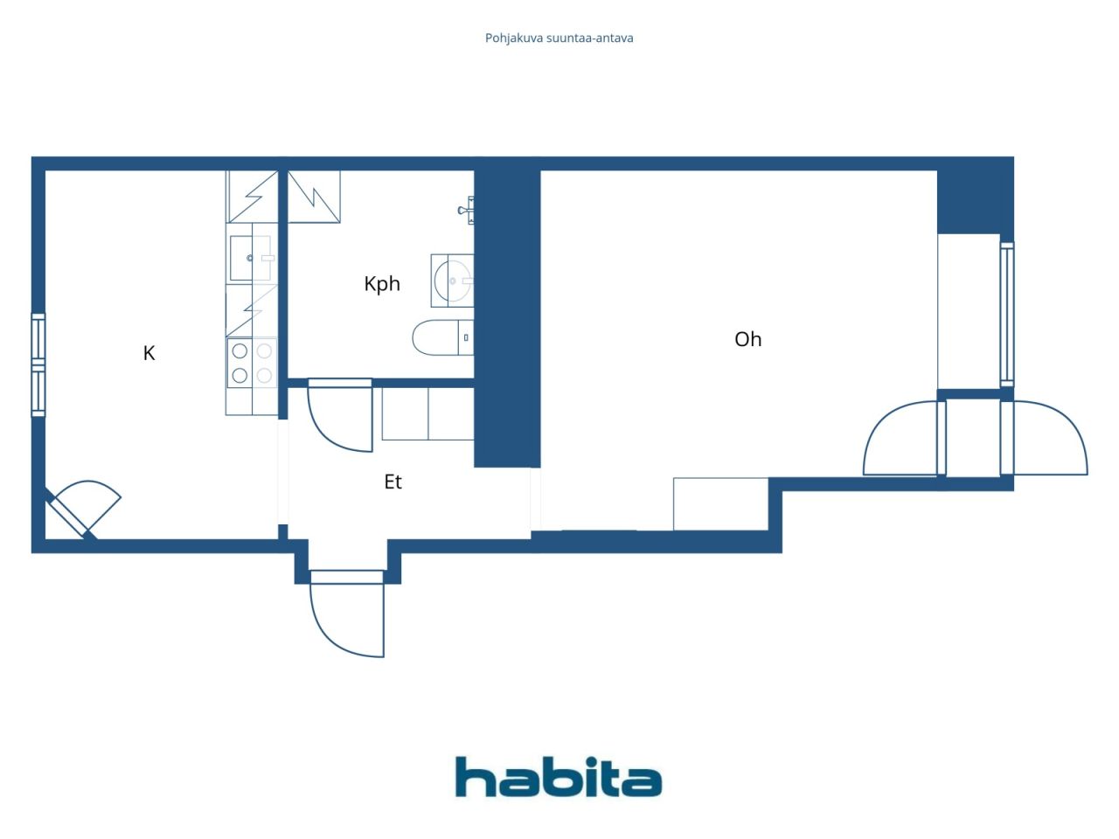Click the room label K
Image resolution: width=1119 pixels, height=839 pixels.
[149, 353]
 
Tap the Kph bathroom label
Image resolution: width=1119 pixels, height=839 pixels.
[382, 284]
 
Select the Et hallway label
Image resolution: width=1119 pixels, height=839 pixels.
[393, 482]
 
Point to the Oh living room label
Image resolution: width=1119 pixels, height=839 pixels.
[747, 339]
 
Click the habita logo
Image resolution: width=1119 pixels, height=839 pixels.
[558, 777]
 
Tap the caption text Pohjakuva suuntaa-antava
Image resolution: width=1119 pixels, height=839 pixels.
[559, 38]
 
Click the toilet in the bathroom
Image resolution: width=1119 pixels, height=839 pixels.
[441, 337]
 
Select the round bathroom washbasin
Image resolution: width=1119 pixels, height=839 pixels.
[453, 281]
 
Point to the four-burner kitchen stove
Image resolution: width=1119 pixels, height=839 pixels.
[252, 363]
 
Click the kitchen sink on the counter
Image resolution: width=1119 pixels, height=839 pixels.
[251, 258]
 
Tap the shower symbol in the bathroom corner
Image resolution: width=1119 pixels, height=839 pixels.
[314, 197]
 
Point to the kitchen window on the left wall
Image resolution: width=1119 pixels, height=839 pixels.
[38, 364]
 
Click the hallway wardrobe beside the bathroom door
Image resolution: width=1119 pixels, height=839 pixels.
[427, 413]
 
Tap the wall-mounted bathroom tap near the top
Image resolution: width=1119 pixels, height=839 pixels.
[466, 210]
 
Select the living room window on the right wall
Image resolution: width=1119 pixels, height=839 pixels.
[1006, 314]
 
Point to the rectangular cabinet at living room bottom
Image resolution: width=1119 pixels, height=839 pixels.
[720, 503]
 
